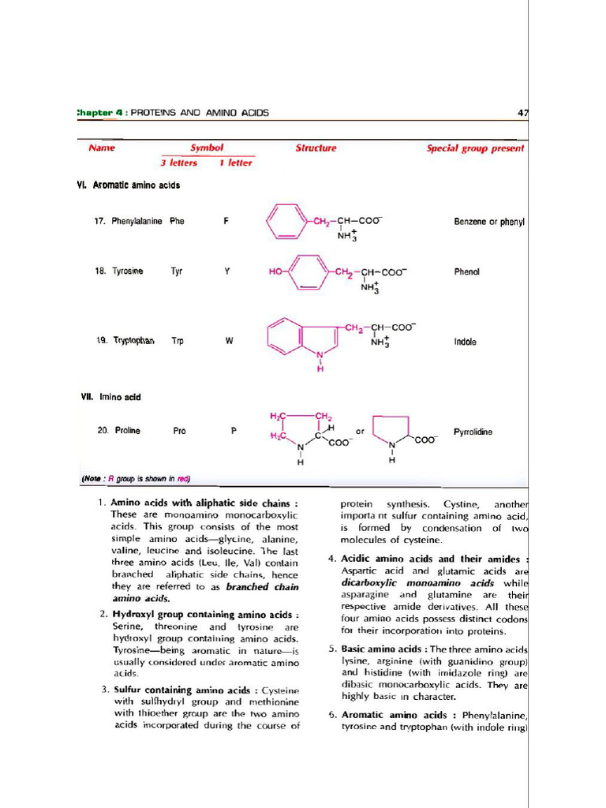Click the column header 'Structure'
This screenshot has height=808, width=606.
point(316,148)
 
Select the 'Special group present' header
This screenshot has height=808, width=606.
point(475,148)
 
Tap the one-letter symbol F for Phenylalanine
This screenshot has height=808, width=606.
point(226,222)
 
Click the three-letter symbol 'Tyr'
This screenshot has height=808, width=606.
point(177,271)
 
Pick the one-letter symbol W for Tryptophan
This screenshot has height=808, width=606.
point(229,342)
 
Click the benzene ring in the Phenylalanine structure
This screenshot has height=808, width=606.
point(286,222)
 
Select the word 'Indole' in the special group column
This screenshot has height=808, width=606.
point(465,342)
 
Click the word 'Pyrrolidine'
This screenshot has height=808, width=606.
point(473,432)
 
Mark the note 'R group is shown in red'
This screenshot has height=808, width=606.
point(136,478)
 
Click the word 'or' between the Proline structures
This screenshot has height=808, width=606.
point(360,432)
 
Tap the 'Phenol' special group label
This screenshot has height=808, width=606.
point(466,272)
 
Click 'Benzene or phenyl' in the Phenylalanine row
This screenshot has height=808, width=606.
point(489,223)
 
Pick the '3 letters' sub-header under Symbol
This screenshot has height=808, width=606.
point(178,163)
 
